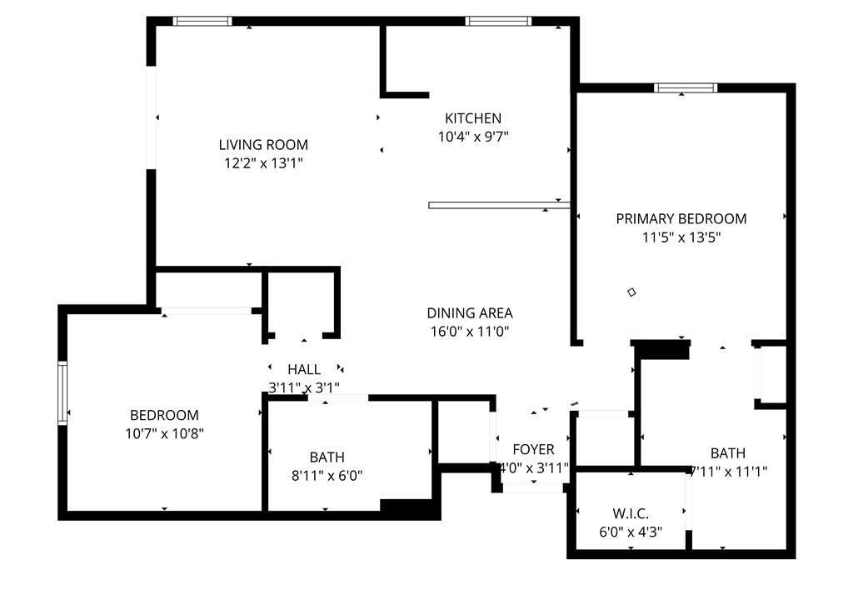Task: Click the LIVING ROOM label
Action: coord(263,145)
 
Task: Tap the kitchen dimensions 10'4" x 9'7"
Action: coord(473,137)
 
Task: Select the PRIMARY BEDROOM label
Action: coord(681,218)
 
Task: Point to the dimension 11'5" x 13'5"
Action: coord(681,237)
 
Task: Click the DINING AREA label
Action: coord(470,313)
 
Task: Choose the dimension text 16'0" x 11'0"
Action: coord(470,332)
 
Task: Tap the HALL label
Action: coord(303,369)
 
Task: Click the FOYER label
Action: coord(533,449)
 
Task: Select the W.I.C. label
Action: coord(631,513)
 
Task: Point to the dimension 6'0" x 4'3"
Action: coord(631,532)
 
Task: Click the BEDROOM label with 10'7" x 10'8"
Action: coord(164,415)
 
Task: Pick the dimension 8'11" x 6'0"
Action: coord(327,476)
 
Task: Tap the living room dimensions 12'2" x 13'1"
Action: coord(263,163)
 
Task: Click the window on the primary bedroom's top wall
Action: coord(686,88)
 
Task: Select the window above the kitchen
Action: coord(498,21)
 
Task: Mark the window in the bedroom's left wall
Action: coord(62,392)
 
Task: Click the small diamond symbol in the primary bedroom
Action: coord(631,292)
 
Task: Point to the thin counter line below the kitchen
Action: coord(500,205)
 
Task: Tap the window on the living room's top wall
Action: coord(202,21)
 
